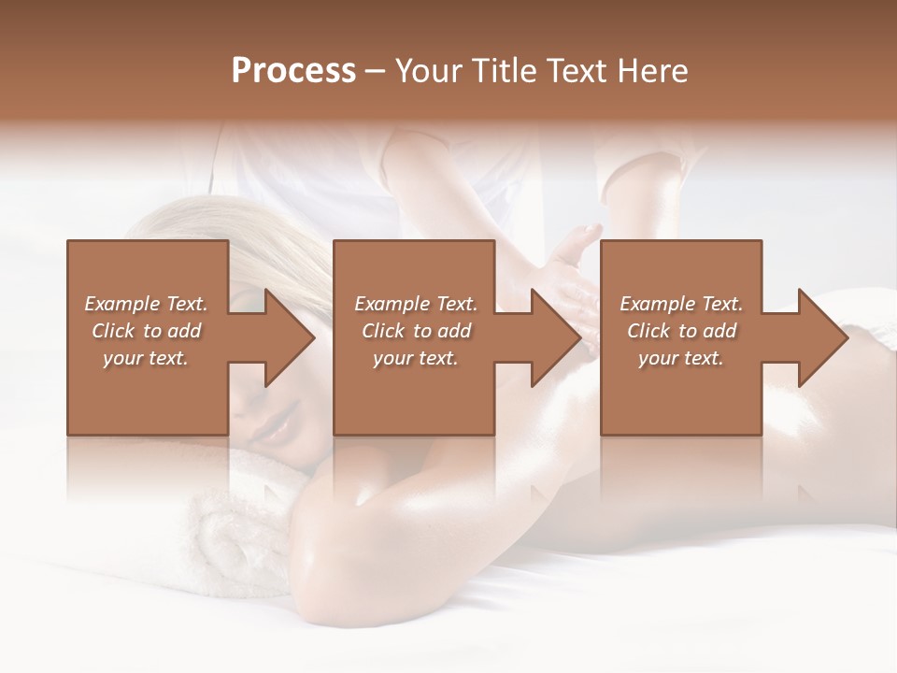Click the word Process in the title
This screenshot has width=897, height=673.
[x=293, y=71]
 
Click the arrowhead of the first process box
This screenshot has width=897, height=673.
[x=290, y=337]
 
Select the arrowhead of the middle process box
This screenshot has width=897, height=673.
[x=556, y=337]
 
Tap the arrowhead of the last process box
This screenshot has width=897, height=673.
[x=822, y=337]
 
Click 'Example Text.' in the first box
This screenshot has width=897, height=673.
[x=146, y=304]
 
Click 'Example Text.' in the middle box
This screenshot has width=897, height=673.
[x=415, y=304]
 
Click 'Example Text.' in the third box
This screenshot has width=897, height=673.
[x=681, y=304]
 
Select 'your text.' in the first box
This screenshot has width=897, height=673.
[x=146, y=358]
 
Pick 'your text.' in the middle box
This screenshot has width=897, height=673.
[x=415, y=358]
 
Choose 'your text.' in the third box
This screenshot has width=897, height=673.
[x=681, y=358]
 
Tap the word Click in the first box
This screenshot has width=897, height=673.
[x=113, y=331]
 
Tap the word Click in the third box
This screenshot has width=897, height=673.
[x=648, y=331]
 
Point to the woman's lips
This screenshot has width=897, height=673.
[x=275, y=427]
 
